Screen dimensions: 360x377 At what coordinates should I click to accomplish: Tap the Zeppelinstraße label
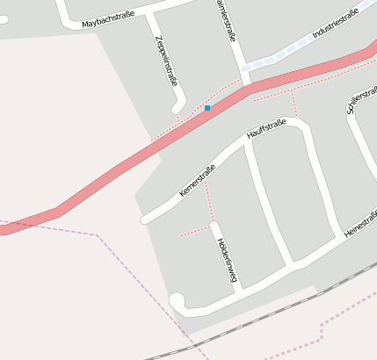pos(165,60)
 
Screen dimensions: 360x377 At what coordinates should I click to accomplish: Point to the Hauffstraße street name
pos(267,128)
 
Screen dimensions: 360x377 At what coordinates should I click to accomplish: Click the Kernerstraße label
pos(197,178)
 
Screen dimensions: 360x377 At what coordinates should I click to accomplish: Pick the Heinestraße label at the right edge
pos(361,223)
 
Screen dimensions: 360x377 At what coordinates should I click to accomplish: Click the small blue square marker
pos(207,108)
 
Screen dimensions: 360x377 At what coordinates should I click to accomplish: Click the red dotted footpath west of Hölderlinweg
pos(195,233)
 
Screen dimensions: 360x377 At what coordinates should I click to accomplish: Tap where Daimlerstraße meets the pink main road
pos(246,88)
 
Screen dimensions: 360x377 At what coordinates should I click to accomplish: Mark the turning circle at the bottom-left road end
pos(178,301)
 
